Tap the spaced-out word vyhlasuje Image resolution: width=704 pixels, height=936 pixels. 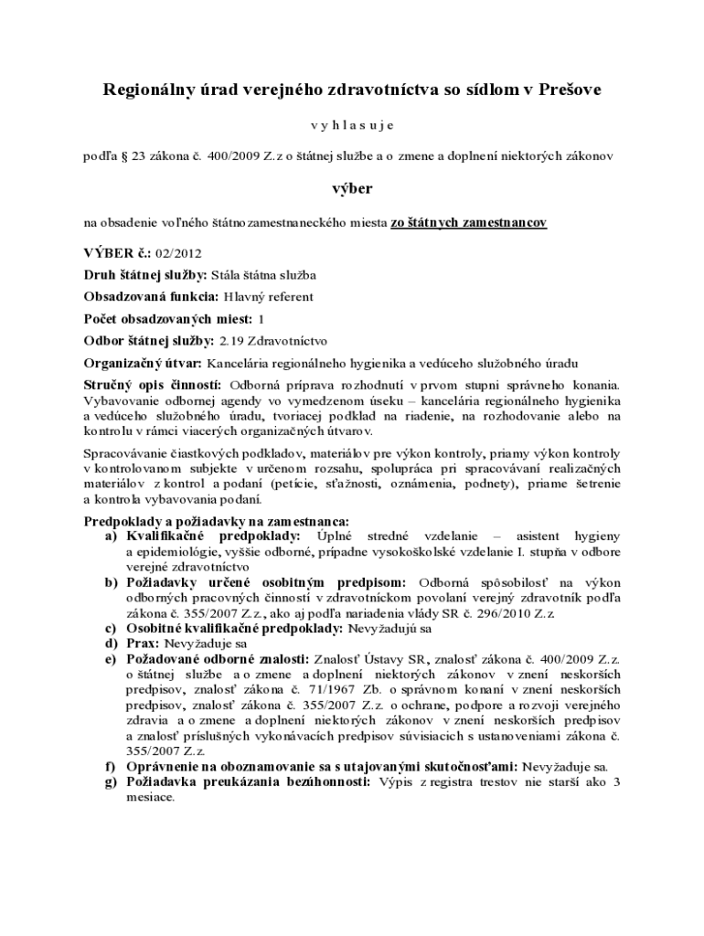[x=351, y=123]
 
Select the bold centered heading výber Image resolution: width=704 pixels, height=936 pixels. [x=351, y=188]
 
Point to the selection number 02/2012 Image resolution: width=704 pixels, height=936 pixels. [x=179, y=253]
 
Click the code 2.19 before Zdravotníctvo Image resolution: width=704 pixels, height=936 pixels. [x=231, y=341]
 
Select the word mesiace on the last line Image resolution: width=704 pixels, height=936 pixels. [x=149, y=796]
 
